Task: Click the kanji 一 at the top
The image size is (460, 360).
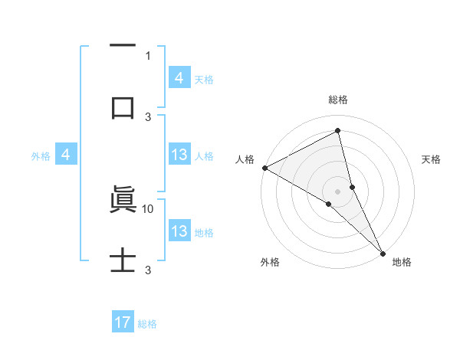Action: tap(123, 47)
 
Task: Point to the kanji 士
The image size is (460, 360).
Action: tap(123, 260)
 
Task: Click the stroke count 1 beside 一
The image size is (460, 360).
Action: tap(148, 55)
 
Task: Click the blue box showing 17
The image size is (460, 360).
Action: tap(123, 322)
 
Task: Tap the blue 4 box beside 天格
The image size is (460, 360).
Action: tap(179, 77)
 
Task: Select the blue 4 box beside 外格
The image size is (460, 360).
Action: tap(66, 155)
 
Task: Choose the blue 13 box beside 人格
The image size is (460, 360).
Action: tap(179, 155)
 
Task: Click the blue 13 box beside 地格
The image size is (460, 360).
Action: tap(179, 231)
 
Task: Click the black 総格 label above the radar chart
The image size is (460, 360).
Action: tap(338, 100)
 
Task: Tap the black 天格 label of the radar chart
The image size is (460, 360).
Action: tap(432, 159)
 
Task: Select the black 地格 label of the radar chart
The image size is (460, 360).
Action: tap(402, 262)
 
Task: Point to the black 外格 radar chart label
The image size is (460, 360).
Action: tap(270, 262)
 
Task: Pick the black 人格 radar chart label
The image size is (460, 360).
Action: tap(245, 159)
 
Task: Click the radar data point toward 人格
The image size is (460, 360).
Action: tap(264, 168)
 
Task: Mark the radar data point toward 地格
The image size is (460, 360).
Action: tap(383, 252)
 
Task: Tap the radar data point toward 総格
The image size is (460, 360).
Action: tap(338, 131)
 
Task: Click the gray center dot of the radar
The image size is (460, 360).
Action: tap(338, 191)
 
